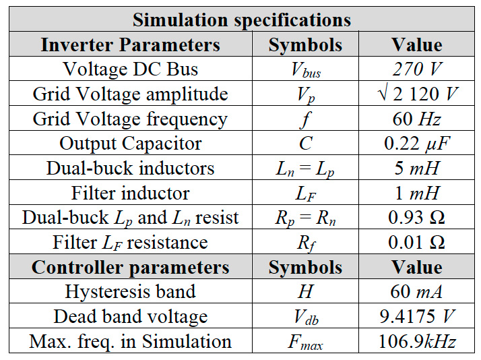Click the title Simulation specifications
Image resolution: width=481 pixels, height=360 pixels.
(x=241, y=20)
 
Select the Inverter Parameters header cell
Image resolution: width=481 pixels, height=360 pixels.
(x=130, y=44)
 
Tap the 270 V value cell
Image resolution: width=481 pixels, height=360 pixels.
(x=417, y=69)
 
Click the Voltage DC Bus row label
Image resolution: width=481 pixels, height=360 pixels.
(x=130, y=69)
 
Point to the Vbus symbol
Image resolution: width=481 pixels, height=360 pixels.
(x=304, y=70)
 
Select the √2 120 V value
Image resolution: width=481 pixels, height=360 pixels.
(x=417, y=94)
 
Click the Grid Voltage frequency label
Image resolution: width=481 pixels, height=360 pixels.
(x=130, y=119)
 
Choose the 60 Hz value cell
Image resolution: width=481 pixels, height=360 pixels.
(x=417, y=119)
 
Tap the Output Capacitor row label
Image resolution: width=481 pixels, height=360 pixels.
(x=130, y=143)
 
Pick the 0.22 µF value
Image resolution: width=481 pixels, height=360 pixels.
(x=417, y=143)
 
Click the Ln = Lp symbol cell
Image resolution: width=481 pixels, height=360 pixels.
(x=304, y=169)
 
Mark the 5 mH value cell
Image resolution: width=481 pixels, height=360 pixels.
(x=417, y=168)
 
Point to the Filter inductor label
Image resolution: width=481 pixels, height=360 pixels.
(x=130, y=193)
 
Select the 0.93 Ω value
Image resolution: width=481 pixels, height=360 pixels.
(x=417, y=218)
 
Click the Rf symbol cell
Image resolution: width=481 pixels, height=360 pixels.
(x=304, y=243)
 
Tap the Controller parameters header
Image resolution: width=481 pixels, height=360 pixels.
(x=130, y=267)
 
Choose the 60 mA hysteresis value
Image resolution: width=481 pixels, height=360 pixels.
(x=417, y=292)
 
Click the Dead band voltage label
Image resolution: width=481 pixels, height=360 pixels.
(x=130, y=316)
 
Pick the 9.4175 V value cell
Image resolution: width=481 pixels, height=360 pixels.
(x=417, y=316)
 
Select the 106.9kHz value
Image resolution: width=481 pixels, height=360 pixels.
(x=417, y=341)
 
